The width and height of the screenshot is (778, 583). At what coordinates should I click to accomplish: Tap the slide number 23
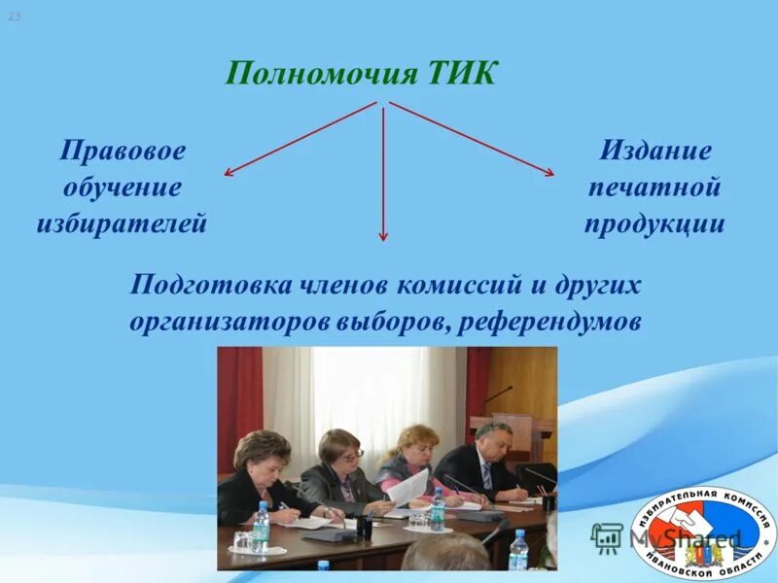(15, 17)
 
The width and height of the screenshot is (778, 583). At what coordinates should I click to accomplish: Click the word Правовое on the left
(123, 152)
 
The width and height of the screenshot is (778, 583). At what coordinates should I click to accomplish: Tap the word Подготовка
(211, 286)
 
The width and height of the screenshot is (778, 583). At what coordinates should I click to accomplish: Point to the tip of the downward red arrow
(383, 239)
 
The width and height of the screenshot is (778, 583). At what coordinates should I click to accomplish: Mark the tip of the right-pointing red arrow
(552, 175)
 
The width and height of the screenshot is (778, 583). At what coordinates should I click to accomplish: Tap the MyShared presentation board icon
(606, 536)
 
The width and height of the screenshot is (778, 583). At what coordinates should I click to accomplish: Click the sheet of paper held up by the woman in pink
(408, 486)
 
